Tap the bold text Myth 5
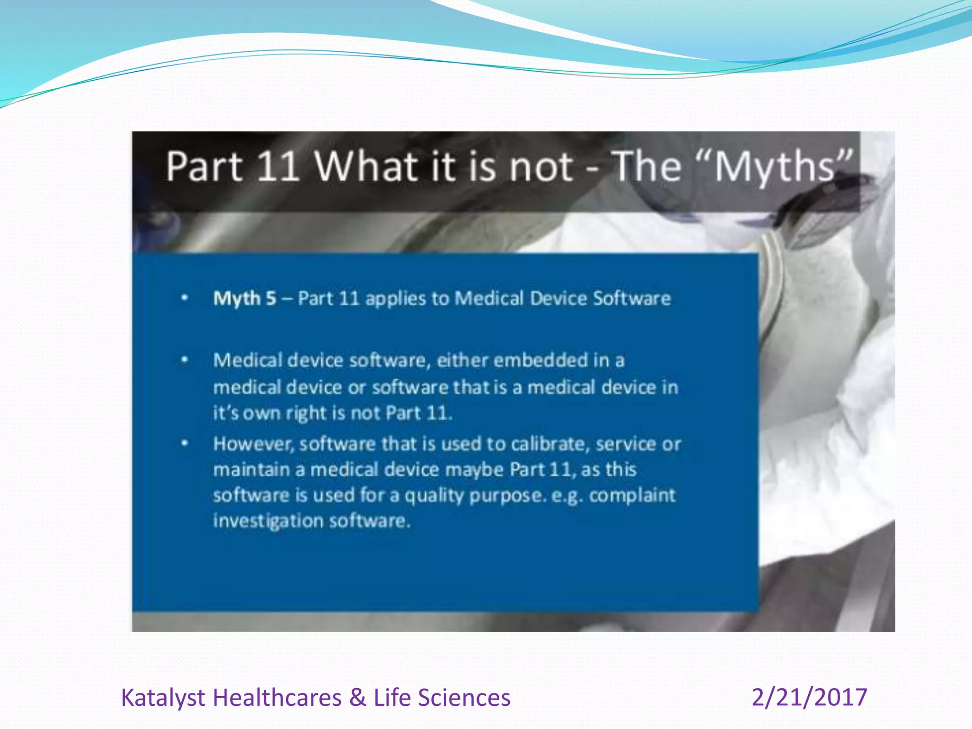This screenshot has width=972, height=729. click(244, 299)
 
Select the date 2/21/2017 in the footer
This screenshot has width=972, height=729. click(809, 697)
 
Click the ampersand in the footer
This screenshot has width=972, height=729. click(357, 698)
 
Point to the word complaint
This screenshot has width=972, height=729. click(632, 495)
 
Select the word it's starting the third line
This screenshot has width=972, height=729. click(225, 413)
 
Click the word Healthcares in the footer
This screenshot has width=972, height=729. click(277, 698)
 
